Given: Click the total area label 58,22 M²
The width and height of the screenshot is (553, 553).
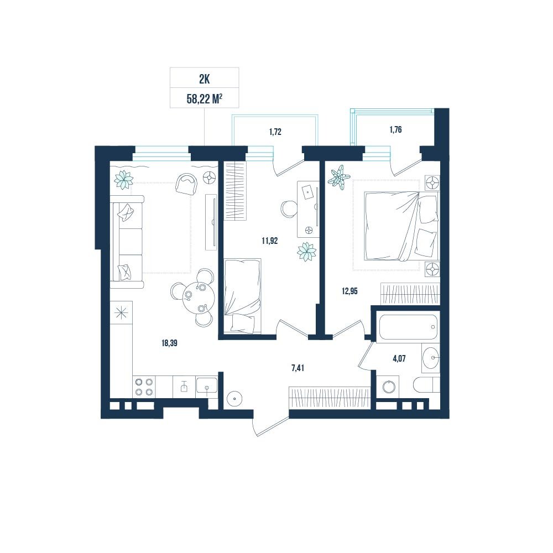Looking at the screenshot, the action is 204,99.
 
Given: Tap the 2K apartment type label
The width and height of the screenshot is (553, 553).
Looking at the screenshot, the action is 205,79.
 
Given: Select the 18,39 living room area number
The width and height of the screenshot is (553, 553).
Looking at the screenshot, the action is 169,343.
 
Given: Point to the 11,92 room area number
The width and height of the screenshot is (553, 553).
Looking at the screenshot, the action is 269,241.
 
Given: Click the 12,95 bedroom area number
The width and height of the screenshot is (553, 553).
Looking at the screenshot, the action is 349,291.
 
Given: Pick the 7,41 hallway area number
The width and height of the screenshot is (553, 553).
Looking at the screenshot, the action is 298,368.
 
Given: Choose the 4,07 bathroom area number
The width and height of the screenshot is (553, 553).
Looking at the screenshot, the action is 399,359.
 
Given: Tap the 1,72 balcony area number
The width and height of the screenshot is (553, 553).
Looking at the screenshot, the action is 275,132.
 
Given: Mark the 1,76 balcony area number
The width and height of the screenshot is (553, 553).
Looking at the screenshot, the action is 395,130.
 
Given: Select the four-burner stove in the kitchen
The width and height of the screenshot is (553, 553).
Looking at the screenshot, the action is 144,387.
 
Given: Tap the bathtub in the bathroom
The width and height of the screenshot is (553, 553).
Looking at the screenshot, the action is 408,327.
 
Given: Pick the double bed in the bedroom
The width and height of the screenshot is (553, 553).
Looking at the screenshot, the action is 401,226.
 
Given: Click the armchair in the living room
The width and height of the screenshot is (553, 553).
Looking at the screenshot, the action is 187,184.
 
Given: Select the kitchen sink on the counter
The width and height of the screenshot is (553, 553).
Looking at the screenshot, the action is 207,387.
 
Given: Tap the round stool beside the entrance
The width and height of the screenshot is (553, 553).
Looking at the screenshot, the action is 234,399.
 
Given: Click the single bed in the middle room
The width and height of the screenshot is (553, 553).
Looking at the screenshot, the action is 243,295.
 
